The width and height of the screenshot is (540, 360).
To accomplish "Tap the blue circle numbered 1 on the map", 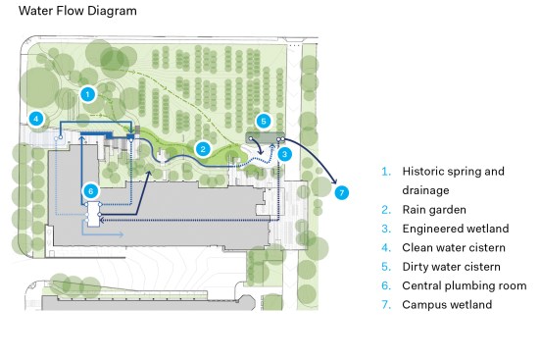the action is [87, 94].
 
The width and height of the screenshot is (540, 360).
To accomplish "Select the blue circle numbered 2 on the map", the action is [202, 149].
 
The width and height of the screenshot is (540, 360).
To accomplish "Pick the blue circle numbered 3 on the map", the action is [284, 154].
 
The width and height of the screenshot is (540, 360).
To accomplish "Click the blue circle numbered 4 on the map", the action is [36, 119].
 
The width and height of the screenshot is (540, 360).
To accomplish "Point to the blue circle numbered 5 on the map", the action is [263, 121].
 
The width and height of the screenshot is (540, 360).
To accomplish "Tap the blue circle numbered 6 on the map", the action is [90, 189].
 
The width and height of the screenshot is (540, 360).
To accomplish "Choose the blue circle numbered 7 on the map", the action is [341, 192].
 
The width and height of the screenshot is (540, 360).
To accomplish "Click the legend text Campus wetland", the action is [447, 304].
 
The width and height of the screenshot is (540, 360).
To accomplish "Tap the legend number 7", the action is [386, 304].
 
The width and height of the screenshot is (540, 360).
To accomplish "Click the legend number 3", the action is [386, 229].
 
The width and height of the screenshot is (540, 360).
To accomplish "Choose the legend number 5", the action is [386, 266].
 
